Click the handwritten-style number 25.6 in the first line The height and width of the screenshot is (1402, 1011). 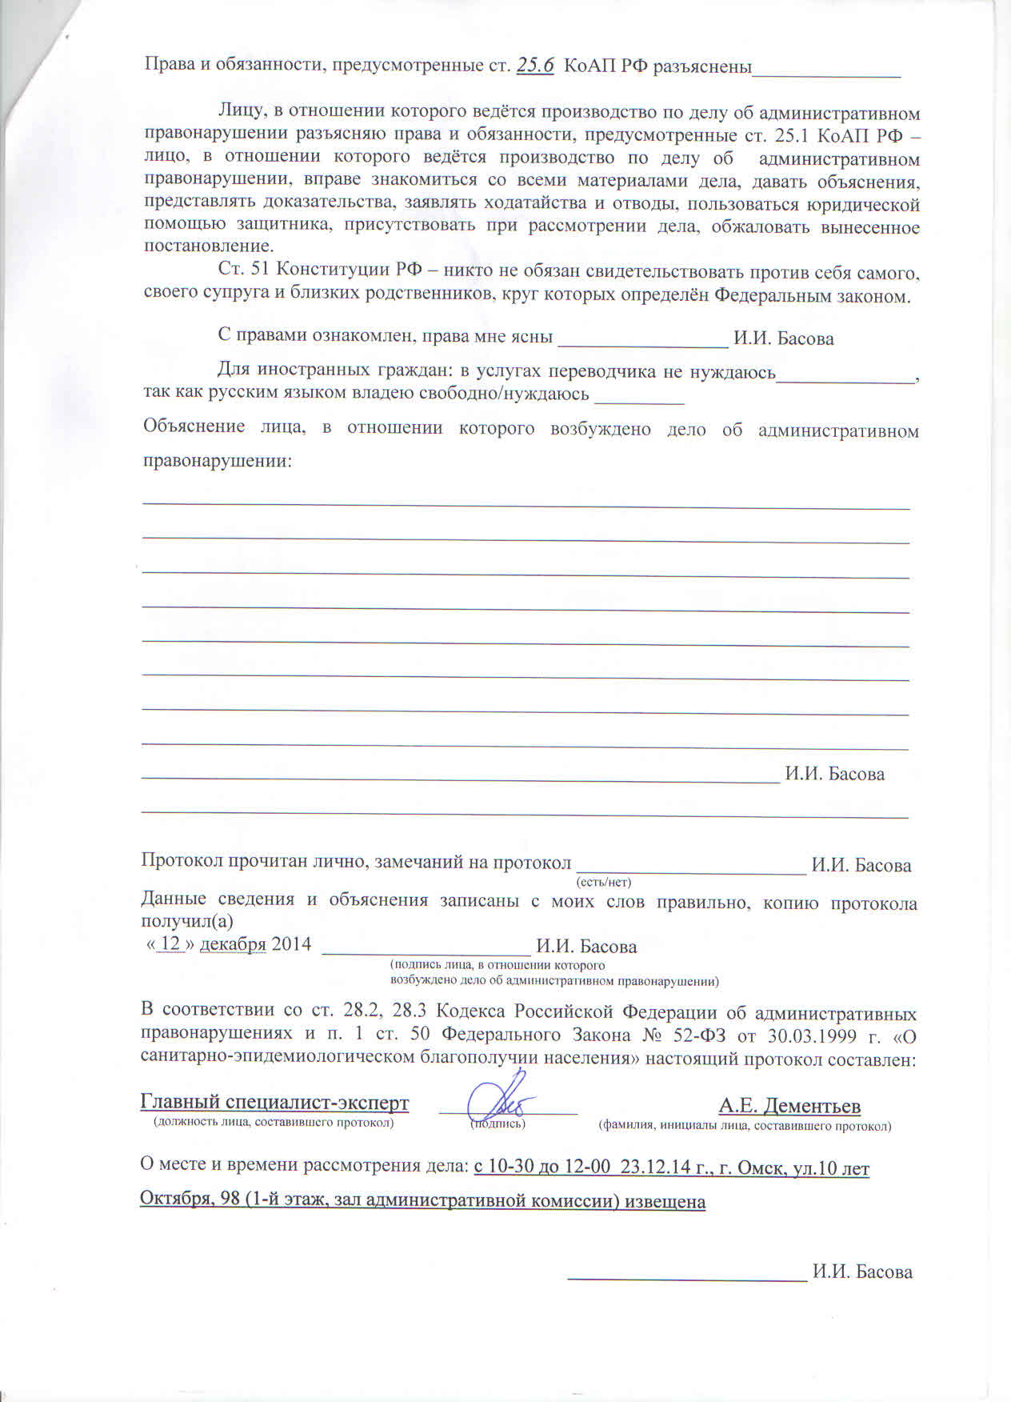coord(536,66)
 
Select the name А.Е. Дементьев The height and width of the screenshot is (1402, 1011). coord(789,1106)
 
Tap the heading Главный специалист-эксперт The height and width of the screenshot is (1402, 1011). coord(274,1103)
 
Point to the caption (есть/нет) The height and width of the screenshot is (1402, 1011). coord(604,883)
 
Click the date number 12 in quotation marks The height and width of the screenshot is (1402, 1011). coord(170,943)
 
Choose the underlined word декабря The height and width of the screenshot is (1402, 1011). coord(232,944)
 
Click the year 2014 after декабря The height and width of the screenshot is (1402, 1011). coord(291,944)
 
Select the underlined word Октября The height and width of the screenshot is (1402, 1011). coord(176,1201)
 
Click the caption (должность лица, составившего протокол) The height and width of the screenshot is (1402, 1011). coord(274,1123)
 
